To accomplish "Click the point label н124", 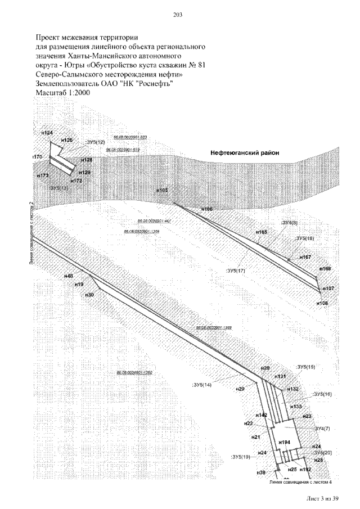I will coord(47,133).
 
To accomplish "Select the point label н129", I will coord(84,172).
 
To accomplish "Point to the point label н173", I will coord(43,176).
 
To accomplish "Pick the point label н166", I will coord(206,209).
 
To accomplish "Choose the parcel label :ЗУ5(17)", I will coord(235,271).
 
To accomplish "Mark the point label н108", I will coord(322,303).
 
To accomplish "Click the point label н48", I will coord(69,276).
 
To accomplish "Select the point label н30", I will coord(89,295).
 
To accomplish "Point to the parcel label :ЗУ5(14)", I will coord(202,385).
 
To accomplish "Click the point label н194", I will coord(284,442).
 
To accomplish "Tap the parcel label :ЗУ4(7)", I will coord(322,429).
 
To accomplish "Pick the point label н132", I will coord(293,389).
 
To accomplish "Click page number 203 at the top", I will coord(179,15).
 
